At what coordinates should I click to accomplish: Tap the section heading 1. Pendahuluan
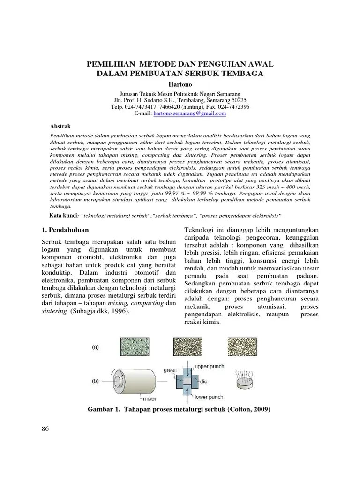(x=63, y=230)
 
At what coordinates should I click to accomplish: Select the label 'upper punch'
(x=209, y=366)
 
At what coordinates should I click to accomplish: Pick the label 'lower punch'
(x=208, y=397)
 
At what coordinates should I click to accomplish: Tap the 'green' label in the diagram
(x=171, y=370)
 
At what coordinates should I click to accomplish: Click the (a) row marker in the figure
(x=96, y=347)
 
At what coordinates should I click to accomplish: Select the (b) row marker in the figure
(x=96, y=381)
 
